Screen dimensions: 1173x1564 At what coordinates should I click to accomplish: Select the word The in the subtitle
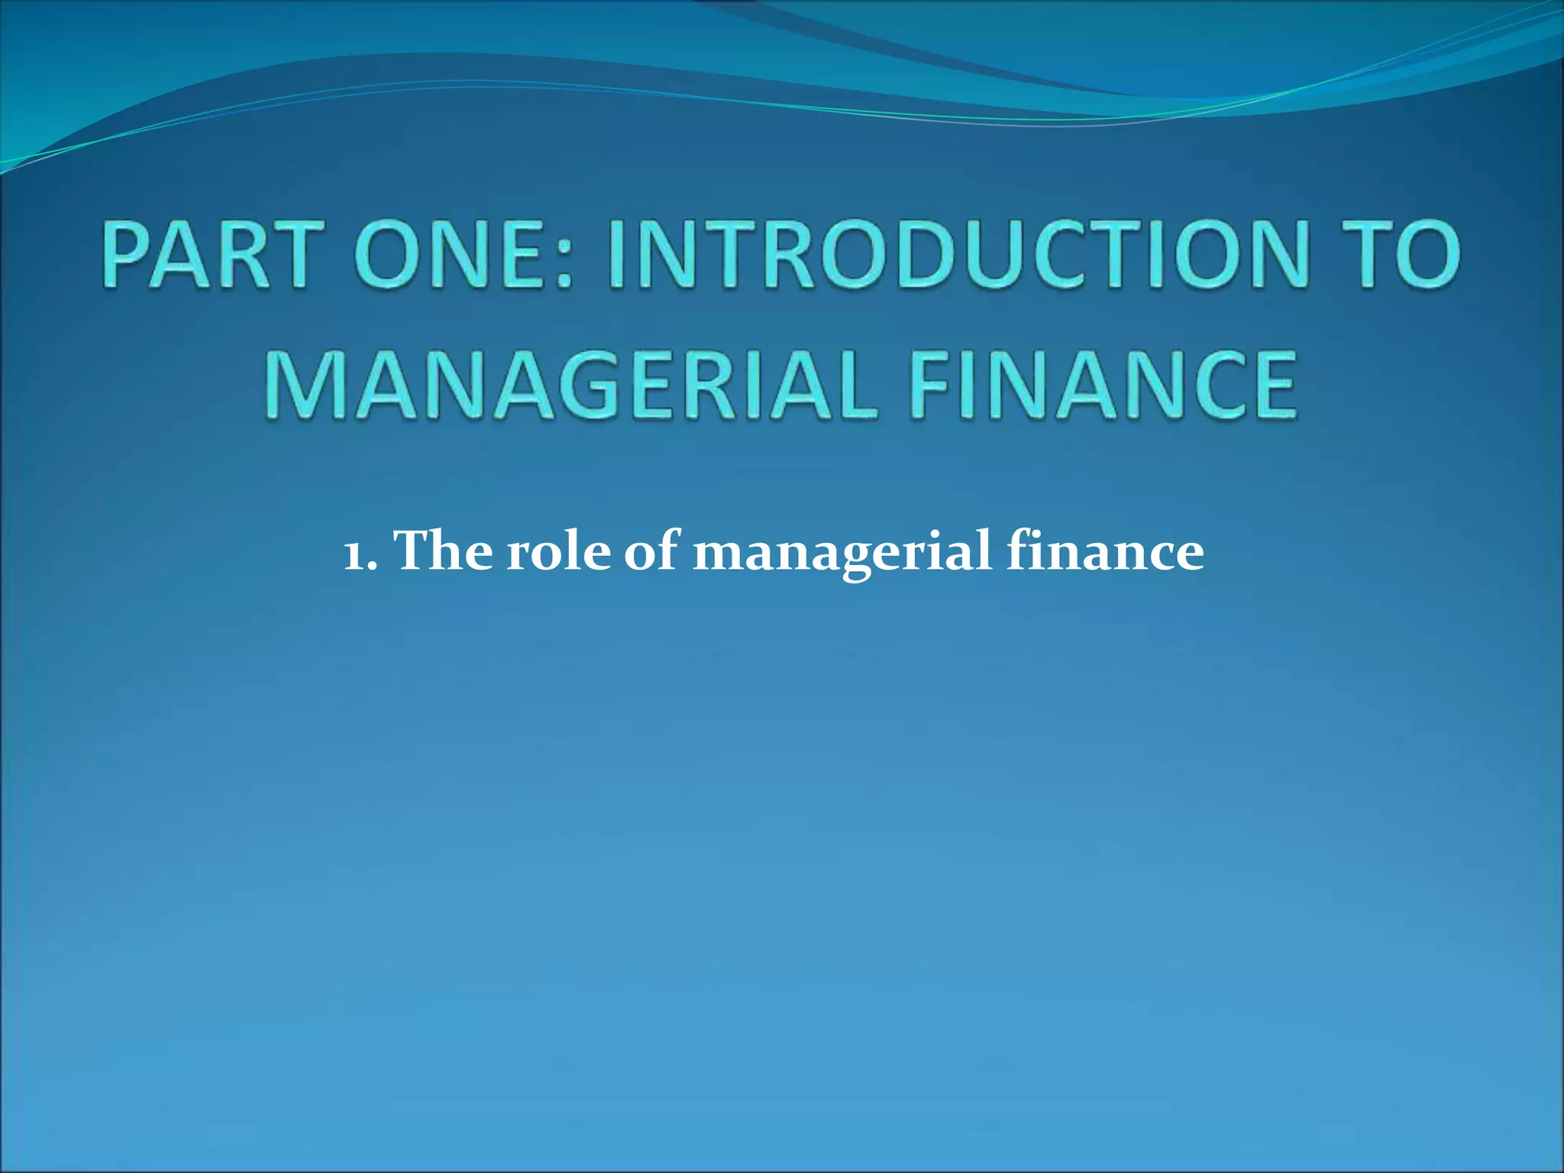(443, 550)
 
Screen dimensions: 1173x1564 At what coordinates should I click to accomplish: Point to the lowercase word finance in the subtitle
(1105, 550)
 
